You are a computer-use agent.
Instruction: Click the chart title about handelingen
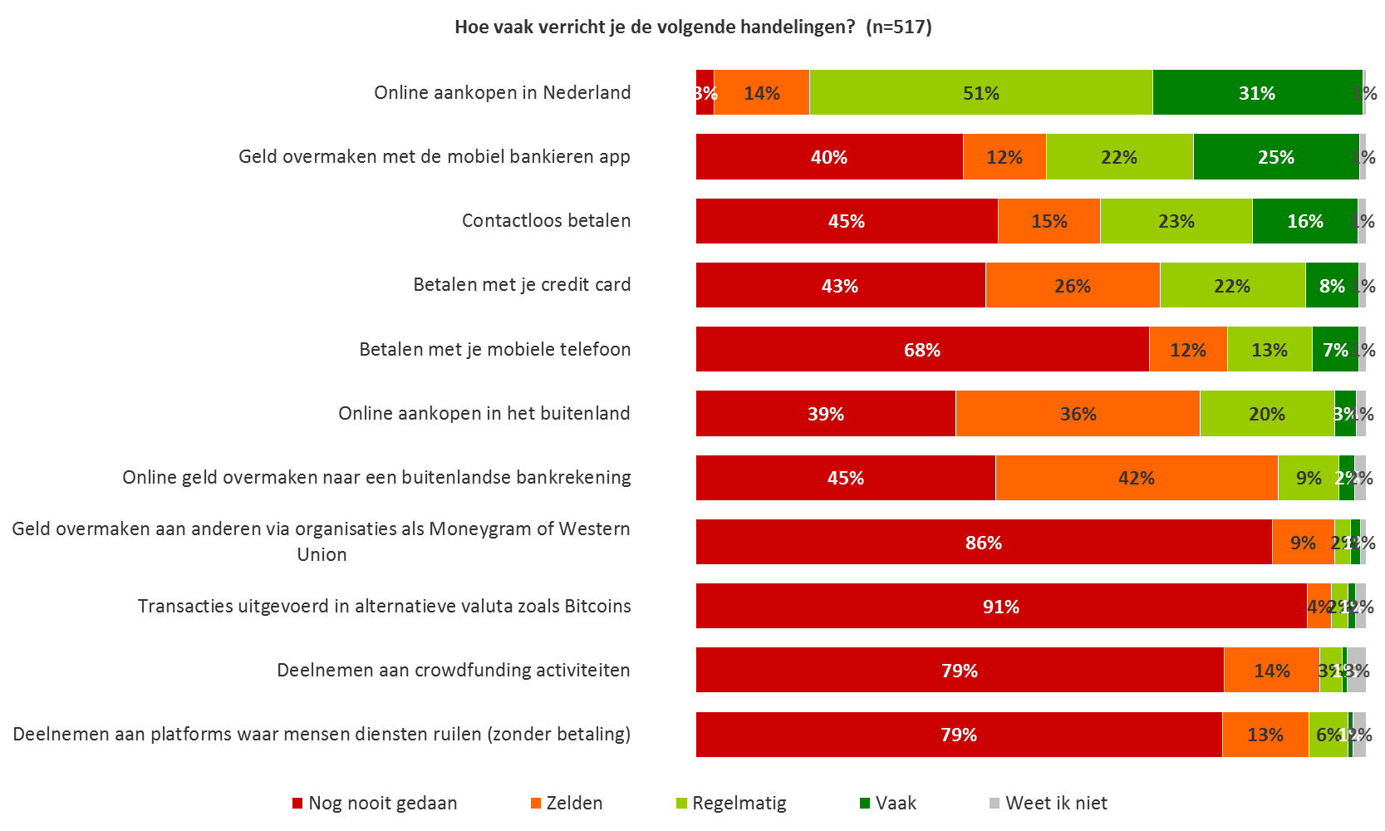coord(693,27)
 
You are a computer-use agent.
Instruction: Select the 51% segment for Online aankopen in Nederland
coord(980,92)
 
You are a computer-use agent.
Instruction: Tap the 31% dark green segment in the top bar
coord(1256,92)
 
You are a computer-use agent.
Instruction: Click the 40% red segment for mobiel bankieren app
coord(829,157)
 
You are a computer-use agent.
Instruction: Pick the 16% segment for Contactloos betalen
coord(1304,221)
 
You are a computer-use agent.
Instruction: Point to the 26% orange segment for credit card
coord(1072,285)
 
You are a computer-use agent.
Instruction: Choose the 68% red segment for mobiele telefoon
coord(921,349)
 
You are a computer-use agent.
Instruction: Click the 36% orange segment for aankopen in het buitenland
coord(1078,413)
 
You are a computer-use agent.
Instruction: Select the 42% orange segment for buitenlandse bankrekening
coord(1136,478)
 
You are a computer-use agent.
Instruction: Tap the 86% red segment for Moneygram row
coord(983,542)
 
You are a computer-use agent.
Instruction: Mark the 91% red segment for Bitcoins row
coord(1000,606)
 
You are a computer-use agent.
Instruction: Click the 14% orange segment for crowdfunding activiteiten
coord(1271,670)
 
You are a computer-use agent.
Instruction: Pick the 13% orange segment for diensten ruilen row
coord(1265,735)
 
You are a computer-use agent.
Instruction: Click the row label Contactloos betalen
coord(546,221)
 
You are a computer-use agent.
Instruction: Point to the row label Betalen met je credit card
coord(522,285)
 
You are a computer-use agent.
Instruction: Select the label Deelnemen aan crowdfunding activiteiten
coord(453,671)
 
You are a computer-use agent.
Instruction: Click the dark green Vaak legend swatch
coord(865,804)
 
